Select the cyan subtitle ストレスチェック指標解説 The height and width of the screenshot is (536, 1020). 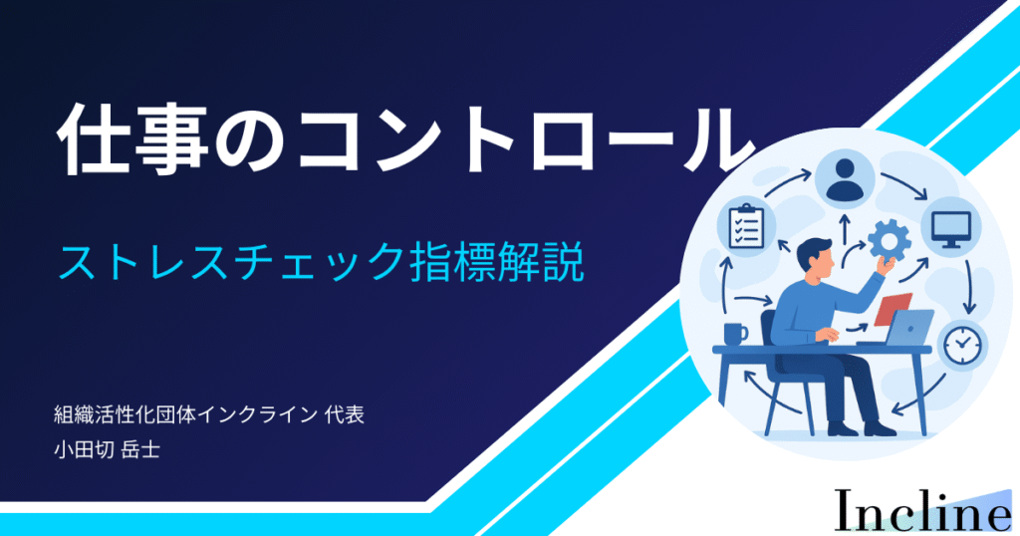click(321, 262)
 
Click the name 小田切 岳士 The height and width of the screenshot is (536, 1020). click(108, 449)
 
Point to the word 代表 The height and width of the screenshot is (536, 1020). click(344, 414)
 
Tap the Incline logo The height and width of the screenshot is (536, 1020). click(922, 511)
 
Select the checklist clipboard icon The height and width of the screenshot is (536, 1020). click(745, 226)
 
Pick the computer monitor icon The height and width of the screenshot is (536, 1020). click(951, 228)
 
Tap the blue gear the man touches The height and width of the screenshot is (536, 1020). click(890, 240)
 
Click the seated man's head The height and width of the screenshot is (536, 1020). click(816, 256)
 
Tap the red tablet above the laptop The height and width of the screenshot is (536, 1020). click(892, 308)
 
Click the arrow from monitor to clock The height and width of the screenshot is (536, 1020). click(969, 286)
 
